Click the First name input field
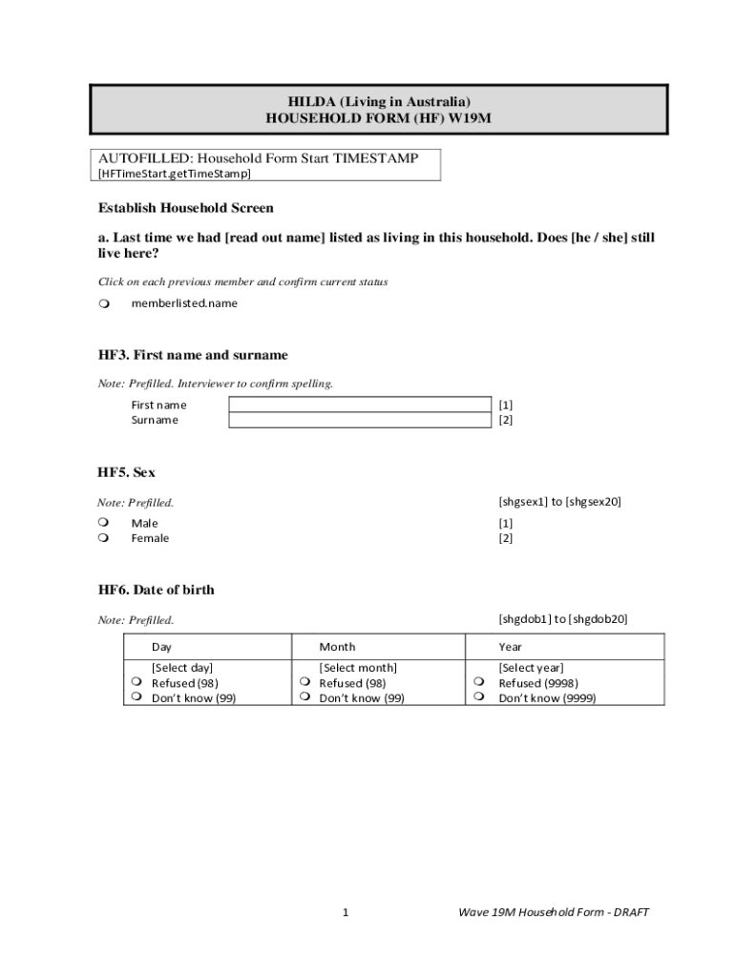pos(358,405)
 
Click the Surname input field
pos(358,420)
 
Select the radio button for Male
pos(103,523)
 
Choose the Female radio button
pos(103,538)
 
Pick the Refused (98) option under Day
pos(137,683)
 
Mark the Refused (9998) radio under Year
pos(481,683)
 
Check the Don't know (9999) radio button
pos(481,698)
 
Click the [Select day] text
pos(182,668)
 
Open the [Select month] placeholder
pos(358,668)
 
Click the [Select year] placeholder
pos(531,668)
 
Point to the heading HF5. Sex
pos(127,472)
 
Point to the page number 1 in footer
pos(346,912)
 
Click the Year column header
pos(510,647)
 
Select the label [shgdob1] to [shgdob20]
pos(563,619)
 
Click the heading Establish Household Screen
pos(186,208)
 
